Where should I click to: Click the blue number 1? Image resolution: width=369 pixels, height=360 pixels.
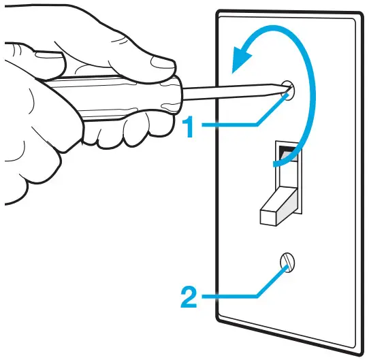193,127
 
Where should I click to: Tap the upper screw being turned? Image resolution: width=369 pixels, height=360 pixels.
287,91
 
